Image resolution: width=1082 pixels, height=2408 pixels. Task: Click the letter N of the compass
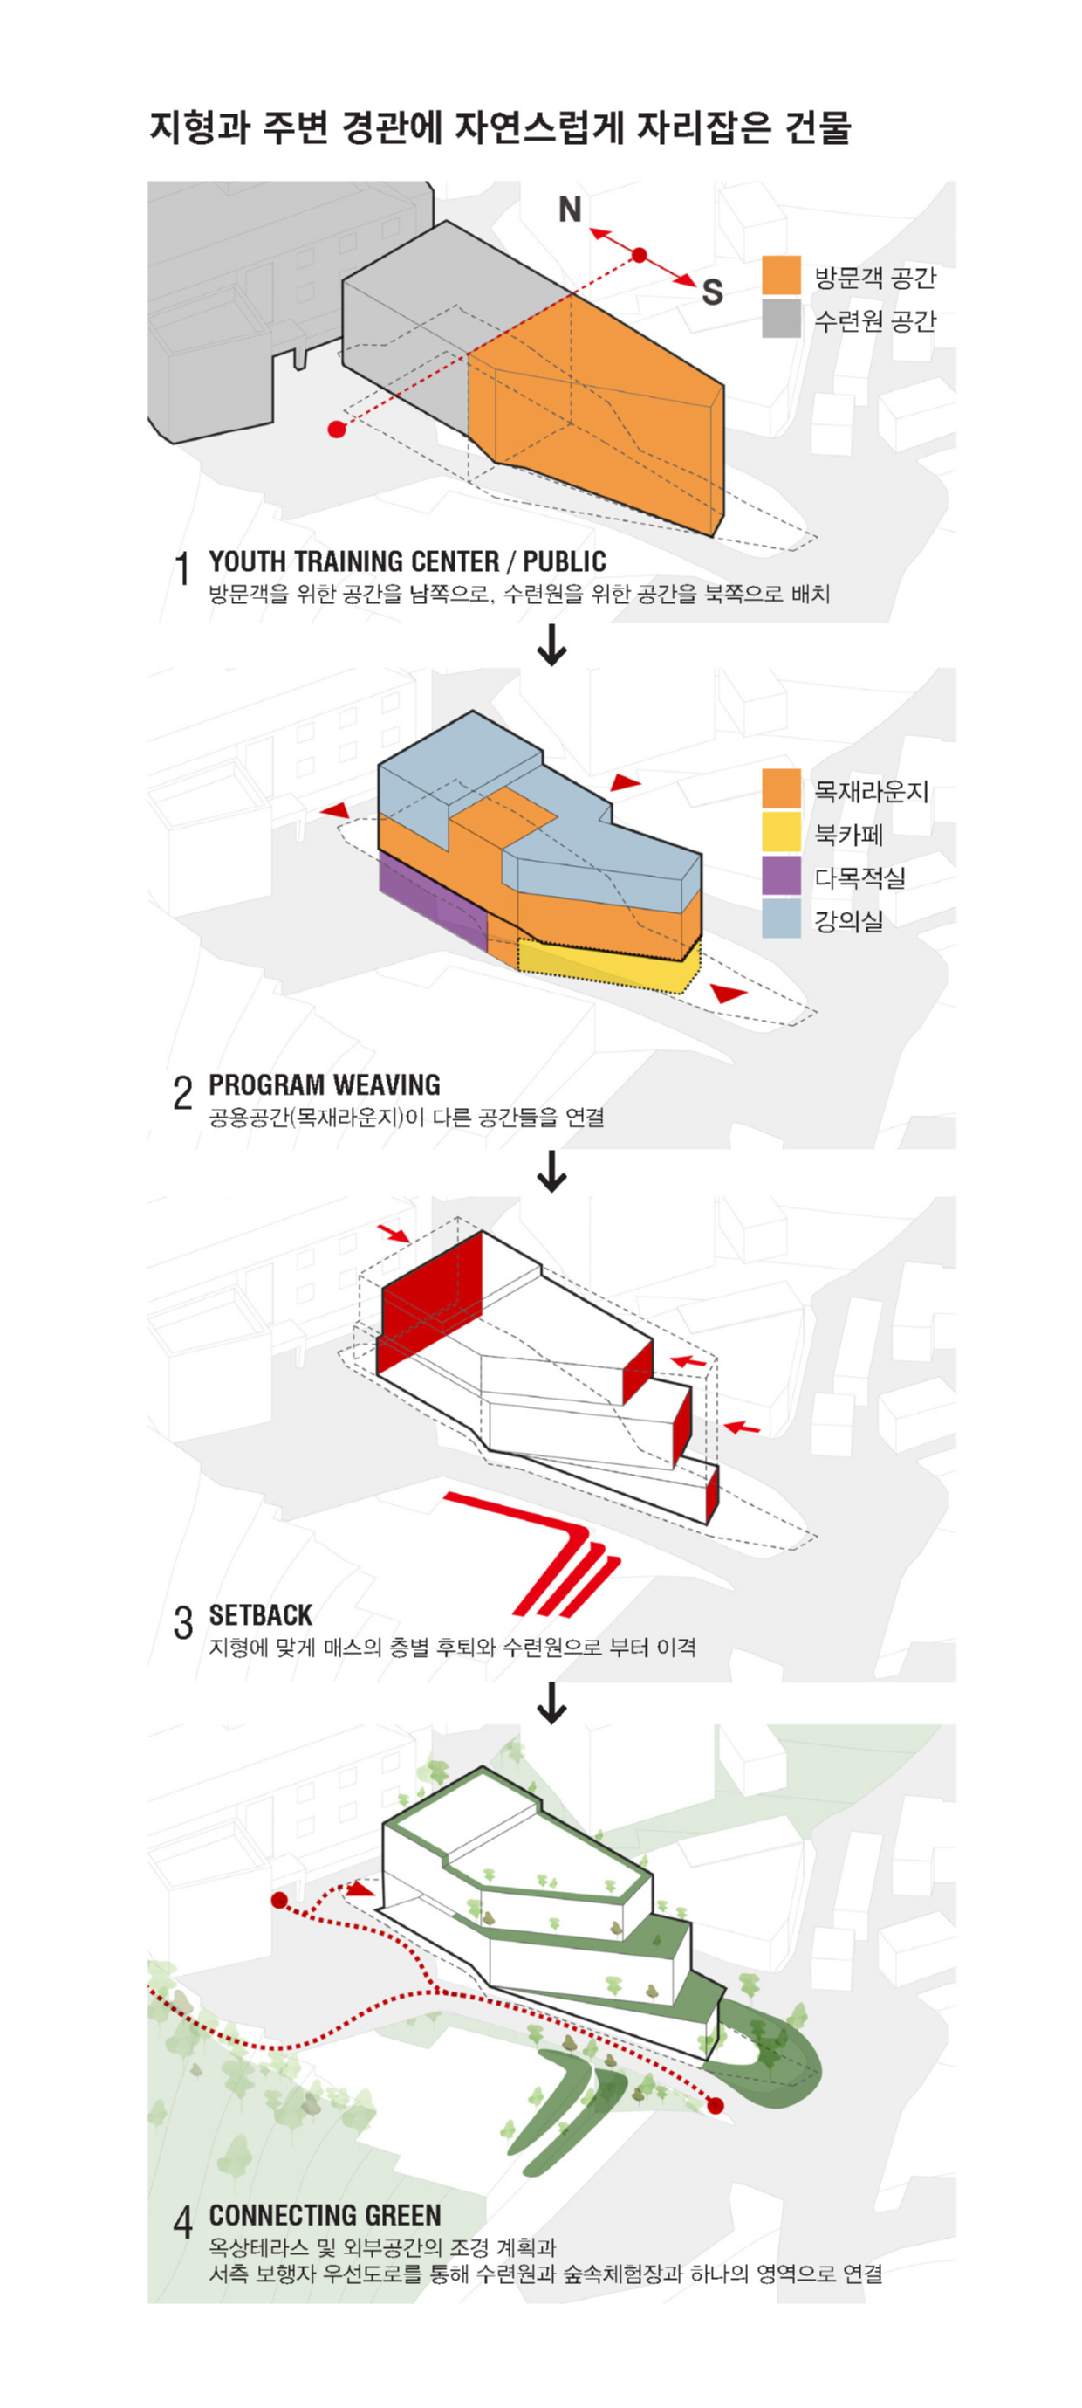pyautogui.click(x=570, y=210)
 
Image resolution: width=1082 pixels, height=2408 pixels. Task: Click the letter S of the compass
pyautogui.click(x=712, y=292)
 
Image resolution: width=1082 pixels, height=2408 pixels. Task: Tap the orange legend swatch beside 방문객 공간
pyautogui.click(x=780, y=275)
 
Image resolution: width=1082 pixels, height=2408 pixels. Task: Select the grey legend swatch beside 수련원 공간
pyautogui.click(x=780, y=318)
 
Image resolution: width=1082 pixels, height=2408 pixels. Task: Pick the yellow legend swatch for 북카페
pyautogui.click(x=780, y=832)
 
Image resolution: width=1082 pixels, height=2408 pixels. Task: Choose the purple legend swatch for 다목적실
pyautogui.click(x=780, y=875)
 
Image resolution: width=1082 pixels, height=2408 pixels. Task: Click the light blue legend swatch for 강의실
pyautogui.click(x=780, y=918)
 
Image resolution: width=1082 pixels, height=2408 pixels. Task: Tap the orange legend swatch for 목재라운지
pyautogui.click(x=780, y=789)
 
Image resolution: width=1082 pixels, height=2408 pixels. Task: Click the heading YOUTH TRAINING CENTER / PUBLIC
pyautogui.click(x=407, y=561)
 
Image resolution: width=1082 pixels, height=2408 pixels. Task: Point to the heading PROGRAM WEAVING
pyautogui.click(x=325, y=1084)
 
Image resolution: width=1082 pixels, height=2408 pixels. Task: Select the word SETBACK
pyautogui.click(x=261, y=1615)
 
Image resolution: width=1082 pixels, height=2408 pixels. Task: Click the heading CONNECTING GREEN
pyautogui.click(x=325, y=2215)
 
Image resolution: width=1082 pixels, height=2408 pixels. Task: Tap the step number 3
pyautogui.click(x=183, y=1624)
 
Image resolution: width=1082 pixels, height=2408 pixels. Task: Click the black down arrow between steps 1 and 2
pyautogui.click(x=552, y=644)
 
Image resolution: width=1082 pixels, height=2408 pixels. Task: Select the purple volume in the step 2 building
pyautogui.click(x=430, y=898)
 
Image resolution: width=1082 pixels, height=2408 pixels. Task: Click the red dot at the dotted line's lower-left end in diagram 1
pyautogui.click(x=336, y=429)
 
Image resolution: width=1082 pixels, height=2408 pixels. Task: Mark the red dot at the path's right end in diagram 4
pyautogui.click(x=715, y=2106)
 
